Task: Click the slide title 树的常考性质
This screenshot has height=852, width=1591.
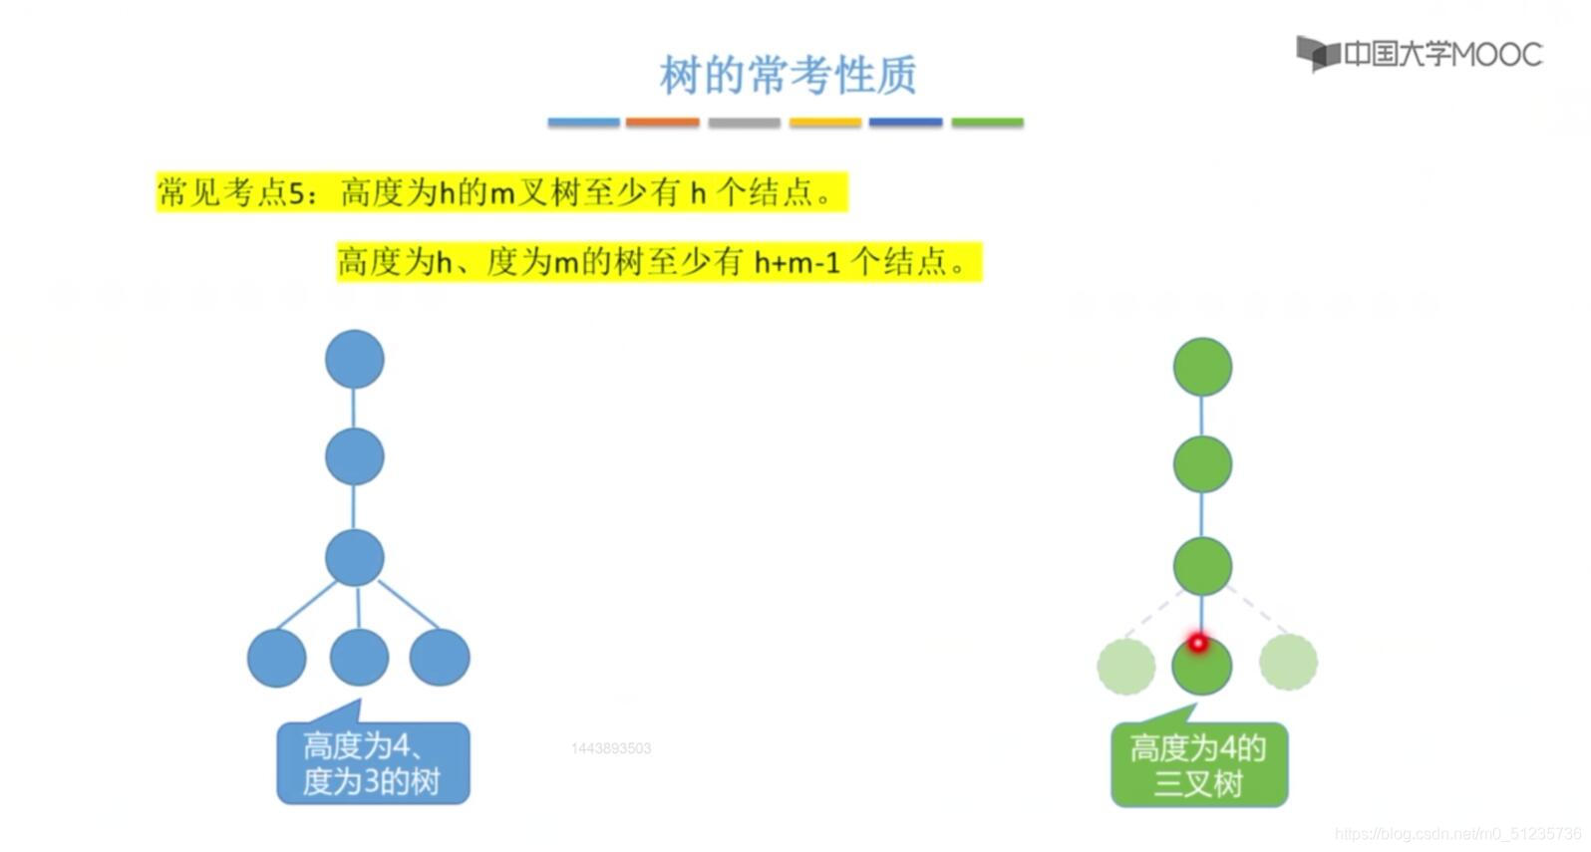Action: coord(788,75)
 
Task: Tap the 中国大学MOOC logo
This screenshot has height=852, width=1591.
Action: coord(1419,53)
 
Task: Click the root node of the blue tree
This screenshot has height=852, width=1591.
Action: coord(354,359)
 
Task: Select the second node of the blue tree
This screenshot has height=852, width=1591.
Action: coord(354,456)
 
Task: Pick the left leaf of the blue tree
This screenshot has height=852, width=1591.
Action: coord(276,658)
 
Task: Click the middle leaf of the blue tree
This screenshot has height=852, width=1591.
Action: coord(359,658)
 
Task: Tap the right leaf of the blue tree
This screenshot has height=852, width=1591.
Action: coord(440,658)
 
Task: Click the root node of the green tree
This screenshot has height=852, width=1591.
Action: coord(1202,367)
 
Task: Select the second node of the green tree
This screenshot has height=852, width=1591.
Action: coord(1202,464)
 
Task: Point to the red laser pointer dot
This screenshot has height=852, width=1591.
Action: coord(1197,643)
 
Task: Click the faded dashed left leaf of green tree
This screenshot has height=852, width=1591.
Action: coord(1126,666)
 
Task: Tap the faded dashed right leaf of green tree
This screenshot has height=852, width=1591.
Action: coord(1288,662)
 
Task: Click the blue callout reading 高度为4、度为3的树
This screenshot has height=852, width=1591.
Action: coord(373,763)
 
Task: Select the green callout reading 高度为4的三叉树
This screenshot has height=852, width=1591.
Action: coord(1199,765)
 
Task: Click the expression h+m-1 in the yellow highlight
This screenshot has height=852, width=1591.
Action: coord(796,262)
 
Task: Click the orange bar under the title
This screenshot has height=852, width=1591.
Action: coord(662,123)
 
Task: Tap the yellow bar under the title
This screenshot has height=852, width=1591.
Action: coord(824,123)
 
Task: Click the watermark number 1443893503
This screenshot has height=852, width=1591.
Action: coord(611,748)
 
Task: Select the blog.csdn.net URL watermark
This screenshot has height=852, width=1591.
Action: coord(1457,833)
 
